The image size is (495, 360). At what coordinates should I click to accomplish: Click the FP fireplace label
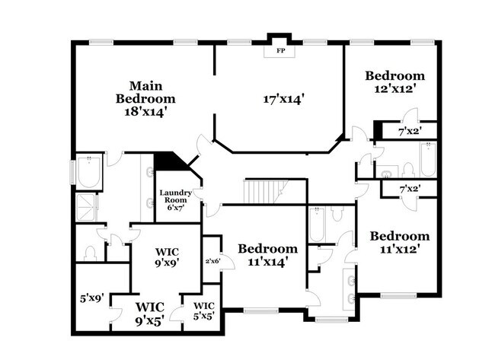[x=279, y=52]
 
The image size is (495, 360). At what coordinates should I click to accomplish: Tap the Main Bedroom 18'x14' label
[x=145, y=98]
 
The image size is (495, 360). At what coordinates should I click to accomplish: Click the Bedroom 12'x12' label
[x=394, y=81]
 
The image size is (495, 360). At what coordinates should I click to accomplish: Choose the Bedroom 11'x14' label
[x=267, y=254]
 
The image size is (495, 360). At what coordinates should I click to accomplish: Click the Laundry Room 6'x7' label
[x=175, y=199]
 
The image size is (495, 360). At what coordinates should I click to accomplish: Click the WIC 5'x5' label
[x=202, y=312]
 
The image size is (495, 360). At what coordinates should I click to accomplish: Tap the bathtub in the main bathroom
[x=90, y=174]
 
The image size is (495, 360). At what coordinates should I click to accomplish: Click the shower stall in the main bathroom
[x=88, y=208]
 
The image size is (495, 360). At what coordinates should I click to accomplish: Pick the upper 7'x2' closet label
[x=408, y=132]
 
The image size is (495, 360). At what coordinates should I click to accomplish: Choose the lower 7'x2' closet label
[x=409, y=187]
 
